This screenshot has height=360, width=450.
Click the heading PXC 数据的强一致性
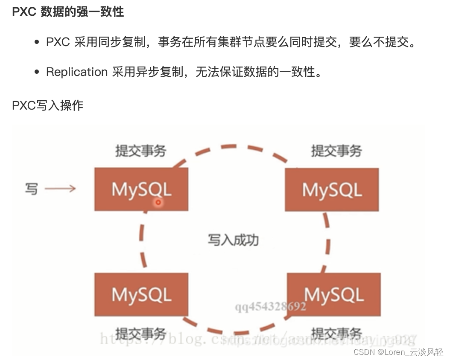68,12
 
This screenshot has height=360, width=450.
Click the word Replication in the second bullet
76,72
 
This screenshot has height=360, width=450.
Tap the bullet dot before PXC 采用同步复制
37,42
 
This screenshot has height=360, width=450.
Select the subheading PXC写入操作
47,105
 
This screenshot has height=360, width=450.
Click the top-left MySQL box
141,189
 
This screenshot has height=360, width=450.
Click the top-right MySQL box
332,189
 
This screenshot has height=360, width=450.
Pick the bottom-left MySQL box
141,295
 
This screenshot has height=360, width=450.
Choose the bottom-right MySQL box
333,295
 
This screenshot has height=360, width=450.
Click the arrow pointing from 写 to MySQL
60,189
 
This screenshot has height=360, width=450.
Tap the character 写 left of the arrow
31,189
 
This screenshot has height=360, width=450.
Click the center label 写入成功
233,240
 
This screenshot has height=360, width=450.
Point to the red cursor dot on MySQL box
158,203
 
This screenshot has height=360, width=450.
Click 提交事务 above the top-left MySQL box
140,151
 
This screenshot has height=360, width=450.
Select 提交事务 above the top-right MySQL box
336,151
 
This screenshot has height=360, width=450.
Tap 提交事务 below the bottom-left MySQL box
140,334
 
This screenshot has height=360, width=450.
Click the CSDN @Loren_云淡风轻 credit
398,352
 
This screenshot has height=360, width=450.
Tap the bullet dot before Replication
37,72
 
